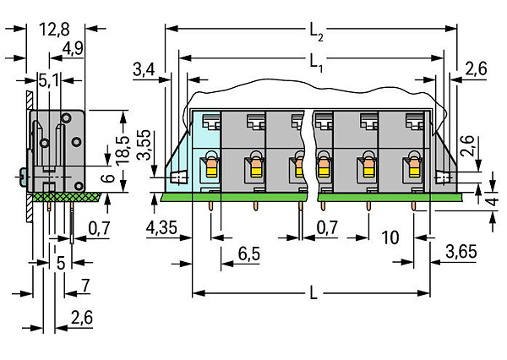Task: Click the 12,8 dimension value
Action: [54, 30]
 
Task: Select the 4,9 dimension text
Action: [73, 48]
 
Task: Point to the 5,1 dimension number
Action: [49, 80]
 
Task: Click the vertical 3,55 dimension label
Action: [144, 145]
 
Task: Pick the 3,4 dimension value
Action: [144, 69]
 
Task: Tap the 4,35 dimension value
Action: [161, 227]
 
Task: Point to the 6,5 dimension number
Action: [249, 254]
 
